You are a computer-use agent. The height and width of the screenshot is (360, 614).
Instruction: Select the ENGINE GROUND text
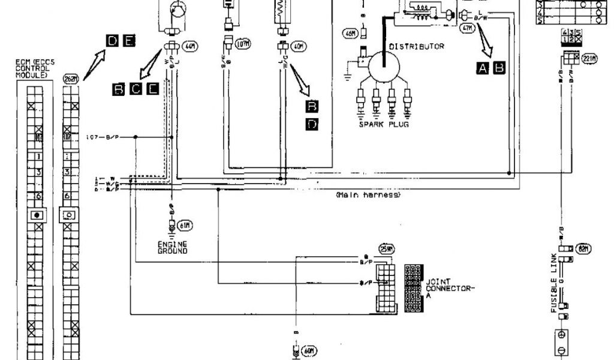[x=173, y=247]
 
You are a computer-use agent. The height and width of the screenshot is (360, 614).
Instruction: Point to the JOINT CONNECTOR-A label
[x=449, y=288]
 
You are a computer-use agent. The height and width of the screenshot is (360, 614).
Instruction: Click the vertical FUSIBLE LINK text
[x=555, y=282]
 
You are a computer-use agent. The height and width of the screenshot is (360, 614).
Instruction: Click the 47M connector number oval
[x=466, y=28]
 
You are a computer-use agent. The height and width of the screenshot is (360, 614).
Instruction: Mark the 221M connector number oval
[x=589, y=59]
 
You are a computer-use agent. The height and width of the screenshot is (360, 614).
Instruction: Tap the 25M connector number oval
[x=387, y=249]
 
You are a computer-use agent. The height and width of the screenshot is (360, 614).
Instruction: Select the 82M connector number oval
[x=582, y=248]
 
